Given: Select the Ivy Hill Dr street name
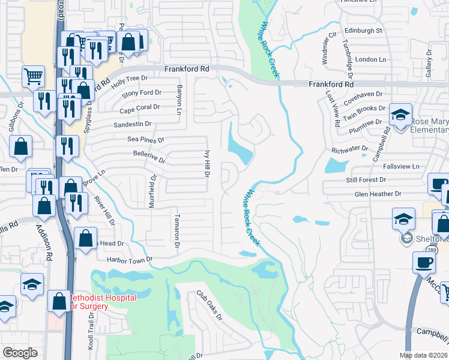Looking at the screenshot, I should click(x=206, y=164).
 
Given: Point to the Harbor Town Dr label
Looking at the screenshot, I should click(x=130, y=260).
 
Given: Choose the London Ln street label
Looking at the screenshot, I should click(x=370, y=59).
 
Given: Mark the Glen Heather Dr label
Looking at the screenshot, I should click(x=378, y=194).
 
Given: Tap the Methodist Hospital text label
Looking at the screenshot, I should click(x=102, y=298).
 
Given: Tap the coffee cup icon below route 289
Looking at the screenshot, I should click(x=424, y=262).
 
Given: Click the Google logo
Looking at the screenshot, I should click(x=20, y=353).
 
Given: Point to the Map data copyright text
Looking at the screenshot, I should click(x=423, y=355).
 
